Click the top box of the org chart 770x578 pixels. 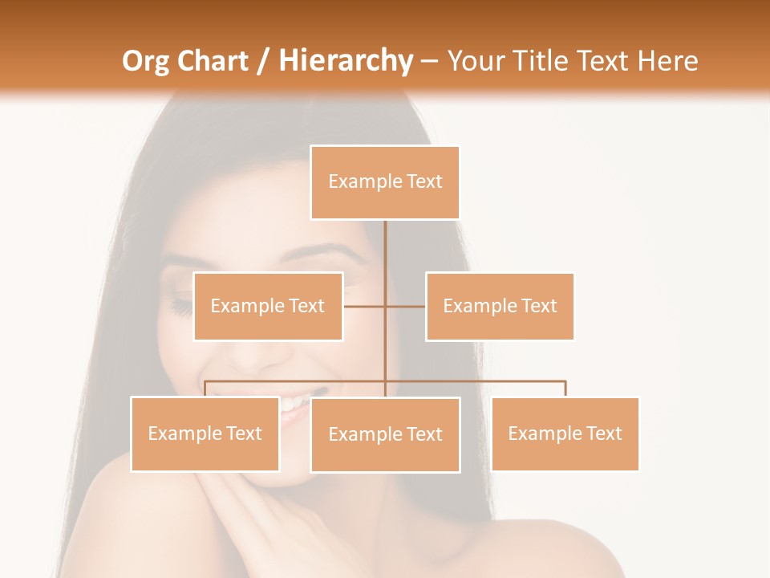(385, 182)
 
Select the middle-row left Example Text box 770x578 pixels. (268, 306)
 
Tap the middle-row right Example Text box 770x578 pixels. (500, 306)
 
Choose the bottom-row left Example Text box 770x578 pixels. (205, 433)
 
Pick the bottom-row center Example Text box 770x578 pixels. (385, 434)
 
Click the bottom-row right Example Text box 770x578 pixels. (565, 433)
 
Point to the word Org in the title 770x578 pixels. (145, 61)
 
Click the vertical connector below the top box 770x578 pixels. (385, 249)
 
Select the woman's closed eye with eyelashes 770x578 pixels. (180, 306)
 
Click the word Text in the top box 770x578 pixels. (424, 181)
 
